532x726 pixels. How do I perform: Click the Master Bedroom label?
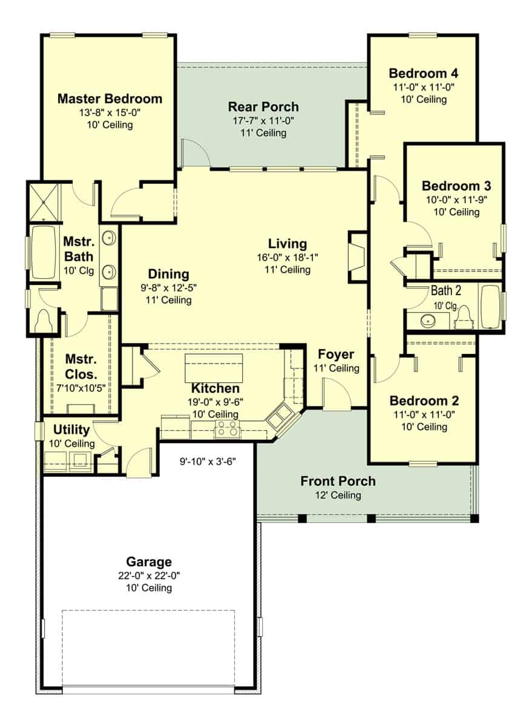[x=110, y=99]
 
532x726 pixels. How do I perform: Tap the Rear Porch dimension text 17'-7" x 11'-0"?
[x=263, y=120]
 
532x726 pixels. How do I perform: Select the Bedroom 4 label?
[x=423, y=73]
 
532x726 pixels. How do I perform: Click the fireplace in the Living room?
[x=357, y=256]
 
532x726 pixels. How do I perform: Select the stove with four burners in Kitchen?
[x=226, y=430]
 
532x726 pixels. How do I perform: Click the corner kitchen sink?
[x=281, y=417]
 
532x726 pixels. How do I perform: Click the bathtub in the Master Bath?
[x=44, y=252]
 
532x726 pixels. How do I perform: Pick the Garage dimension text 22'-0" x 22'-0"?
[x=149, y=575]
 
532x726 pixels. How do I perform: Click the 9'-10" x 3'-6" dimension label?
[x=207, y=460]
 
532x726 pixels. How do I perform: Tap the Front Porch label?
[x=338, y=482]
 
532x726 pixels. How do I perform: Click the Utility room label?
[x=71, y=430]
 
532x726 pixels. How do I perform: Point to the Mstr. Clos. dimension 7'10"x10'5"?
[x=80, y=388]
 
